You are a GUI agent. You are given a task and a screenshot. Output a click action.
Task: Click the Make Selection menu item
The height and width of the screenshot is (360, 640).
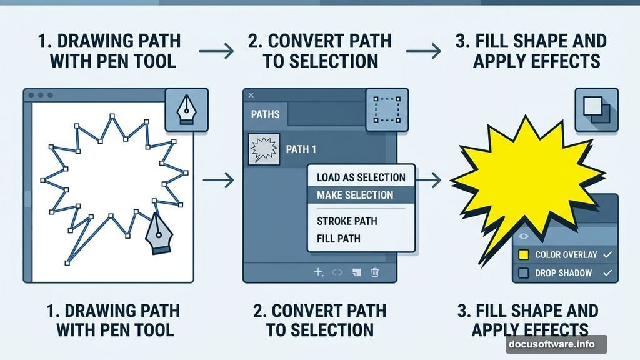pyautogui.click(x=355, y=195)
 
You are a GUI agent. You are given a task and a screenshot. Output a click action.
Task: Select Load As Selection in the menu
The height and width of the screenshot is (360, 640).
pyautogui.click(x=361, y=177)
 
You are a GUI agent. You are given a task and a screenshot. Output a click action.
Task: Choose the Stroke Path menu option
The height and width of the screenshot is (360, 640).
pyautogui.click(x=347, y=221)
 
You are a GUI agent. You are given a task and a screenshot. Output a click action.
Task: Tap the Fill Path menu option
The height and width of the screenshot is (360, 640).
pyautogui.click(x=338, y=238)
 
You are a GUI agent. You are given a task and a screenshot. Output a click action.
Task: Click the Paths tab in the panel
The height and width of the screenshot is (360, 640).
pyautogui.click(x=265, y=115)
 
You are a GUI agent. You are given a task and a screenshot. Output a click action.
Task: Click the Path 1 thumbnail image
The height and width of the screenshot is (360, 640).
pyautogui.click(x=263, y=150)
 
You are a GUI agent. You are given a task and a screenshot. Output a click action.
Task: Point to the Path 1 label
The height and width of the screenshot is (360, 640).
pyautogui.click(x=301, y=150)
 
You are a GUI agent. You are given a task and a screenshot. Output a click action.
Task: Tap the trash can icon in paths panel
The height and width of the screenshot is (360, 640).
pyautogui.click(x=375, y=272)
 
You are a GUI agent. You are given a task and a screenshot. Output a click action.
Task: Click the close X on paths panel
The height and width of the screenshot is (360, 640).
pyautogui.click(x=251, y=95)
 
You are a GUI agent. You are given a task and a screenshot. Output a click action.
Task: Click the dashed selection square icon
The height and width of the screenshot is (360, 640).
pyautogui.click(x=387, y=109)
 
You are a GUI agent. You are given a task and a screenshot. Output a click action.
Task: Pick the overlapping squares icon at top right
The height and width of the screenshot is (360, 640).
pyautogui.click(x=596, y=109)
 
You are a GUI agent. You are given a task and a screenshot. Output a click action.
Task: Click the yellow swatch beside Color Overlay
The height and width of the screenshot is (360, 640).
pyautogui.click(x=524, y=255)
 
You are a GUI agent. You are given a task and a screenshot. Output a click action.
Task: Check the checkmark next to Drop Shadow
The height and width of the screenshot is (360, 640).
pyautogui.click(x=606, y=273)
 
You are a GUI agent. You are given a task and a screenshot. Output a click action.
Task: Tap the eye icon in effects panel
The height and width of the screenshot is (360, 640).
pyautogui.click(x=524, y=237)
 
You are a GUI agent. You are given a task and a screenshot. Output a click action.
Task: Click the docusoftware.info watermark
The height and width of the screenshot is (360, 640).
pyautogui.click(x=556, y=344)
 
